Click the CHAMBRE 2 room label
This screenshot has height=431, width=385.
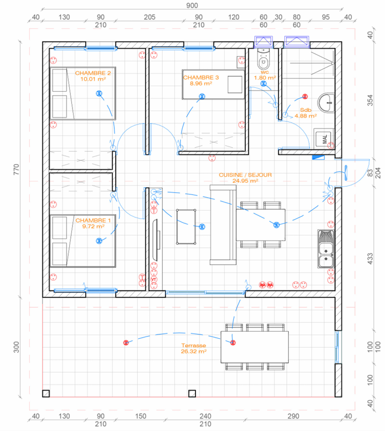93,73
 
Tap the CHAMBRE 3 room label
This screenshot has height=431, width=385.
201,77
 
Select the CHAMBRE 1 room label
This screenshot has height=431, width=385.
93,221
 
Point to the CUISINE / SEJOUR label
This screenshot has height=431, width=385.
245,175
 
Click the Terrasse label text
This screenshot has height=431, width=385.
194,345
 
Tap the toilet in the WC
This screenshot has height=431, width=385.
264,59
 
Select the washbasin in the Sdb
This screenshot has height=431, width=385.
326,103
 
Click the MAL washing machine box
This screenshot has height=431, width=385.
324,138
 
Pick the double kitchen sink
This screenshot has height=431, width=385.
326,249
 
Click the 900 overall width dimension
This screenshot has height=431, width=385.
192,5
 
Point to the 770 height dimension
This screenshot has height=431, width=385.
16,169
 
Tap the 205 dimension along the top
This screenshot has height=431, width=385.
149,17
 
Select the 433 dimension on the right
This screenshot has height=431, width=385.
370,259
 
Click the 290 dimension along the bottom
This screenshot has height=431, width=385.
293,416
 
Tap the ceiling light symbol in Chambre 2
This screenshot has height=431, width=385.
99,93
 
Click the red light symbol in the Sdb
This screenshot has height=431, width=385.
305,97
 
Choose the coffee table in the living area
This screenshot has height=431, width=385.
186,227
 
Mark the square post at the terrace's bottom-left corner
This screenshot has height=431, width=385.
46,394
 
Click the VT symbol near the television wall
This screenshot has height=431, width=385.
154,279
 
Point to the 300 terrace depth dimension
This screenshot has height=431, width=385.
16,347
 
